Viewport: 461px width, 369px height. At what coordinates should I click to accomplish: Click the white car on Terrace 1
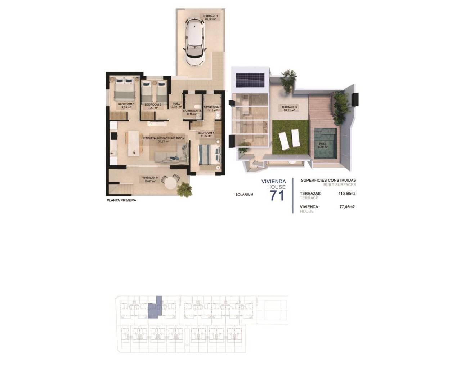(194, 42)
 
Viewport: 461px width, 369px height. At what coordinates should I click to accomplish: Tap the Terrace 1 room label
(210, 18)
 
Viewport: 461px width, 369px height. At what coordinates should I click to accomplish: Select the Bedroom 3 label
(126, 106)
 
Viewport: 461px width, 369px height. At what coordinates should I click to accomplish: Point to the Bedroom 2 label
(153, 106)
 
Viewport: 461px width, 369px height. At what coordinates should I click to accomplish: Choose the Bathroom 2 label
(192, 112)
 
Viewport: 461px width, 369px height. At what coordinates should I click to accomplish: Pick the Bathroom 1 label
(212, 109)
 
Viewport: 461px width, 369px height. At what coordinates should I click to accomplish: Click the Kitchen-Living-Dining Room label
(164, 140)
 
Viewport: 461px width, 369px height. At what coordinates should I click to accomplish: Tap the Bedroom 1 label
(206, 134)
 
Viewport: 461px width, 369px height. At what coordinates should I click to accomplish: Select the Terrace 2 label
(150, 179)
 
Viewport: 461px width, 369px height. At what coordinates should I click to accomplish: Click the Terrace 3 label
(289, 108)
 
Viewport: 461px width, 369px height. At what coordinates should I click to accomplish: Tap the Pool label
(323, 145)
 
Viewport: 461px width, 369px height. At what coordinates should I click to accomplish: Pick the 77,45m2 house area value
(347, 207)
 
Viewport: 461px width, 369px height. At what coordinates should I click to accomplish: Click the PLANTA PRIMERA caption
(121, 200)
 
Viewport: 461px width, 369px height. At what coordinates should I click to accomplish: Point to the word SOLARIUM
(244, 195)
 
